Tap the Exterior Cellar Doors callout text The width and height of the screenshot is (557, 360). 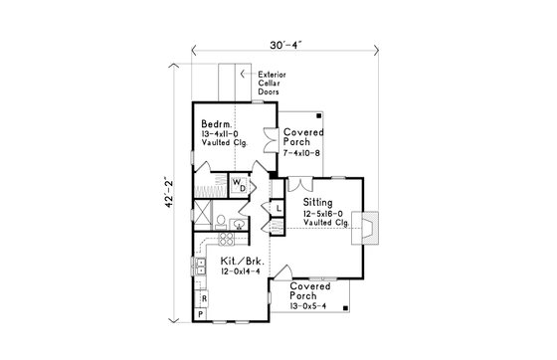click(x=274, y=85)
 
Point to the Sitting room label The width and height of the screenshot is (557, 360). click(x=318, y=202)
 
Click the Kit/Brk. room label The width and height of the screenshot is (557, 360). click(x=242, y=261)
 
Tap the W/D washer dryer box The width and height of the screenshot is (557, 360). click(x=240, y=184)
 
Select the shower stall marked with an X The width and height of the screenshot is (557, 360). click(x=203, y=213)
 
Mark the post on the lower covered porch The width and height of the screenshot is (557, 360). click(x=344, y=310)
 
